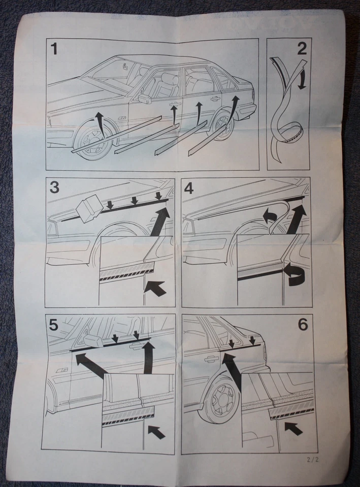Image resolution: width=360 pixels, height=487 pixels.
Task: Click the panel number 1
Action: tap(56, 50)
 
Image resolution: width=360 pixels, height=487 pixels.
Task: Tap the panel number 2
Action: tap(302, 49)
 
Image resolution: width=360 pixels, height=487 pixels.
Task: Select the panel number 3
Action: tap(54, 188)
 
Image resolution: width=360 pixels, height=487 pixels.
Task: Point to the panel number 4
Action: tap(189, 188)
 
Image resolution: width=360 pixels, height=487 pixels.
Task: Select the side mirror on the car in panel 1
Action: tap(144, 98)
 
